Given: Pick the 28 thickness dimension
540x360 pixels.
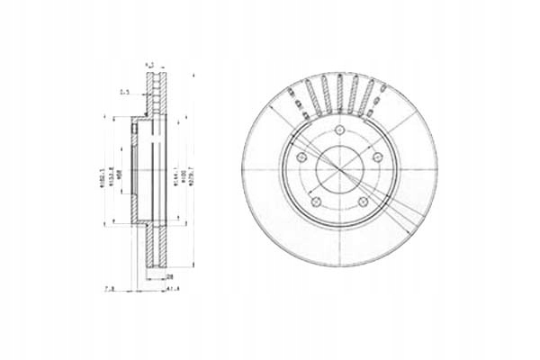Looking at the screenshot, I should [168, 278].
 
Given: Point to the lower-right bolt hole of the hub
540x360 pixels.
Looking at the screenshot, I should [364, 201].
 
